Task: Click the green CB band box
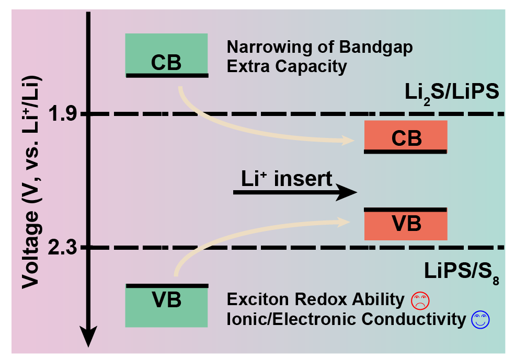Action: coord(166,55)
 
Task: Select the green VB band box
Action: coord(166,306)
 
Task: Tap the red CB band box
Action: coord(406,137)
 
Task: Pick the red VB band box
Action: coord(406,224)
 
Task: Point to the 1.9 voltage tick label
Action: coord(62,114)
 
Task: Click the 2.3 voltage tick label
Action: coord(62,247)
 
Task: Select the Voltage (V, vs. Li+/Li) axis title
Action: coord(31,182)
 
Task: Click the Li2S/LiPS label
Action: coord(452,93)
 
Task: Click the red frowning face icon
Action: coord(420,300)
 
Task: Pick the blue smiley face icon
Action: coord(480,320)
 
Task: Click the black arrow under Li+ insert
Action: coord(295,192)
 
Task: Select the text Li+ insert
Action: coord(287,179)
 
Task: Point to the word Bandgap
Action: coord(376,48)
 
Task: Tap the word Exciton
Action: coord(258,299)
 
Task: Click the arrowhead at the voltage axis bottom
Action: coord(88,336)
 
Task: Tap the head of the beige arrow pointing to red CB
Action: coord(348,141)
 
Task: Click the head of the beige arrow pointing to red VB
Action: coord(343,222)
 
